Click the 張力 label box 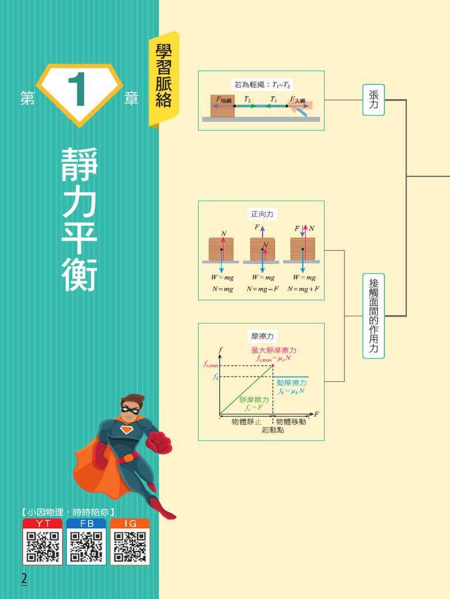point(373,99)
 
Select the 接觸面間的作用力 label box point(373,316)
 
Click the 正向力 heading point(262,214)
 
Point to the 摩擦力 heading point(262,336)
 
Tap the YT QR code point(42,546)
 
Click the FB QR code point(86,546)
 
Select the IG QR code point(129,546)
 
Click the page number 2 point(24,579)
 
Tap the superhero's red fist point(159,442)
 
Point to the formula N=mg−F point(262,289)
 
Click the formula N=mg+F point(304,289)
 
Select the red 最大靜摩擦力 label point(274,350)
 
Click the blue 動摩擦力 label point(291,383)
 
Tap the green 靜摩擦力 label point(254,400)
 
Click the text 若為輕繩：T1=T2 point(262,85)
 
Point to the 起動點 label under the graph point(272,430)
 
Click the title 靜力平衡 point(79,219)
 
